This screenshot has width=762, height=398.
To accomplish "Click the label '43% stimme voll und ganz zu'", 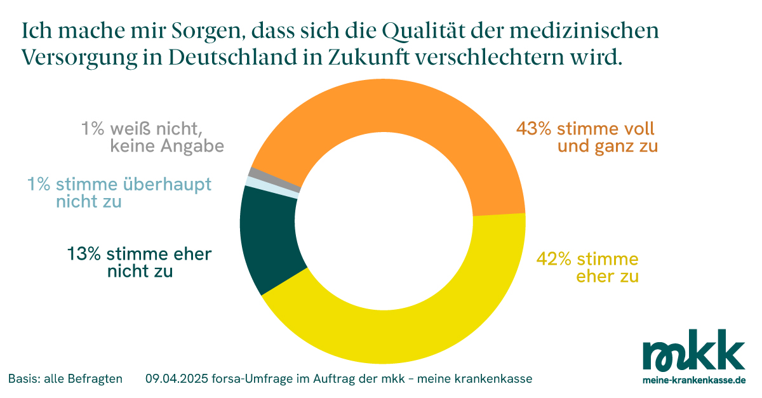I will pyautogui.click(x=585, y=138).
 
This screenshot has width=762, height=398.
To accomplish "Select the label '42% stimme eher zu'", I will pyautogui.click(x=587, y=267).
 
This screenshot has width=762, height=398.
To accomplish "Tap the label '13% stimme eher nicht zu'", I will pyautogui.click(x=140, y=263).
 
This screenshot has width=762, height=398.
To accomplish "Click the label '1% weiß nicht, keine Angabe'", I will pyautogui.click(x=152, y=137).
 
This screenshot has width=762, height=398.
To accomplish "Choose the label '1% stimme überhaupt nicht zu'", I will pyautogui.click(x=119, y=193).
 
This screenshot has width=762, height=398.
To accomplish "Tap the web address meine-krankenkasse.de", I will pyautogui.click(x=693, y=380).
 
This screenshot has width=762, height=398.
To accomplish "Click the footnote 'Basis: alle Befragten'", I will pyautogui.click(x=65, y=379).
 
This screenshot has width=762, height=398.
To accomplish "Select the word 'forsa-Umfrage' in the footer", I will pyautogui.click(x=249, y=379).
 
